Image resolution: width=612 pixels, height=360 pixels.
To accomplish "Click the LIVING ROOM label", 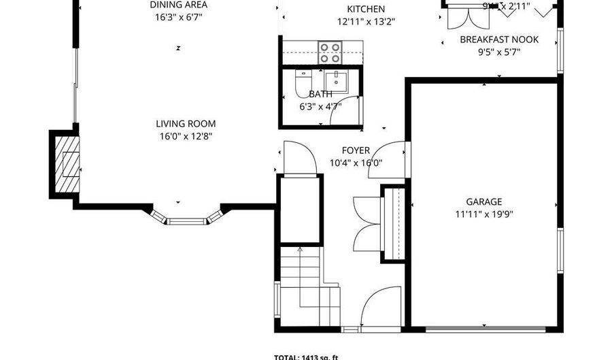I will (x=186, y=124).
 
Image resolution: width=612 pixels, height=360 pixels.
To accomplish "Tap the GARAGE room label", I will (x=484, y=201).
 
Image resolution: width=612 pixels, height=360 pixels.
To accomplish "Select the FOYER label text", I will (x=356, y=150).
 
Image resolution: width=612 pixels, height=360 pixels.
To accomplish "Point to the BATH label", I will (x=320, y=95).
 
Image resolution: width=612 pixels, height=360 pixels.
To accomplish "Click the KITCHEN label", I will (x=366, y=9).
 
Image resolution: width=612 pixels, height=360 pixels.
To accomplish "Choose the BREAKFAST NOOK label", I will (x=499, y=39).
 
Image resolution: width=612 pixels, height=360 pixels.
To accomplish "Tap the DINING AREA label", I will (x=179, y=5).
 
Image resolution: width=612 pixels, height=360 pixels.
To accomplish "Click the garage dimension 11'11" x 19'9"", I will (x=484, y=214).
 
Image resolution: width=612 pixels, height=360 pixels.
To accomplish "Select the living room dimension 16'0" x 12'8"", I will (x=186, y=136).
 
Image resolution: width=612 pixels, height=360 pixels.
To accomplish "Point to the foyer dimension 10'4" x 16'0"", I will (x=356, y=163).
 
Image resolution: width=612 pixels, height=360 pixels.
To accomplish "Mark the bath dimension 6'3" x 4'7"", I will (x=320, y=107).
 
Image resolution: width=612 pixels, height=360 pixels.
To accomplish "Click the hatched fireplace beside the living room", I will (x=66, y=164).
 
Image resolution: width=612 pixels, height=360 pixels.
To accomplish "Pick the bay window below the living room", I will (x=186, y=218).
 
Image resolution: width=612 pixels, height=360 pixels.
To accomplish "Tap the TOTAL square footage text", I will (x=306, y=357).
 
